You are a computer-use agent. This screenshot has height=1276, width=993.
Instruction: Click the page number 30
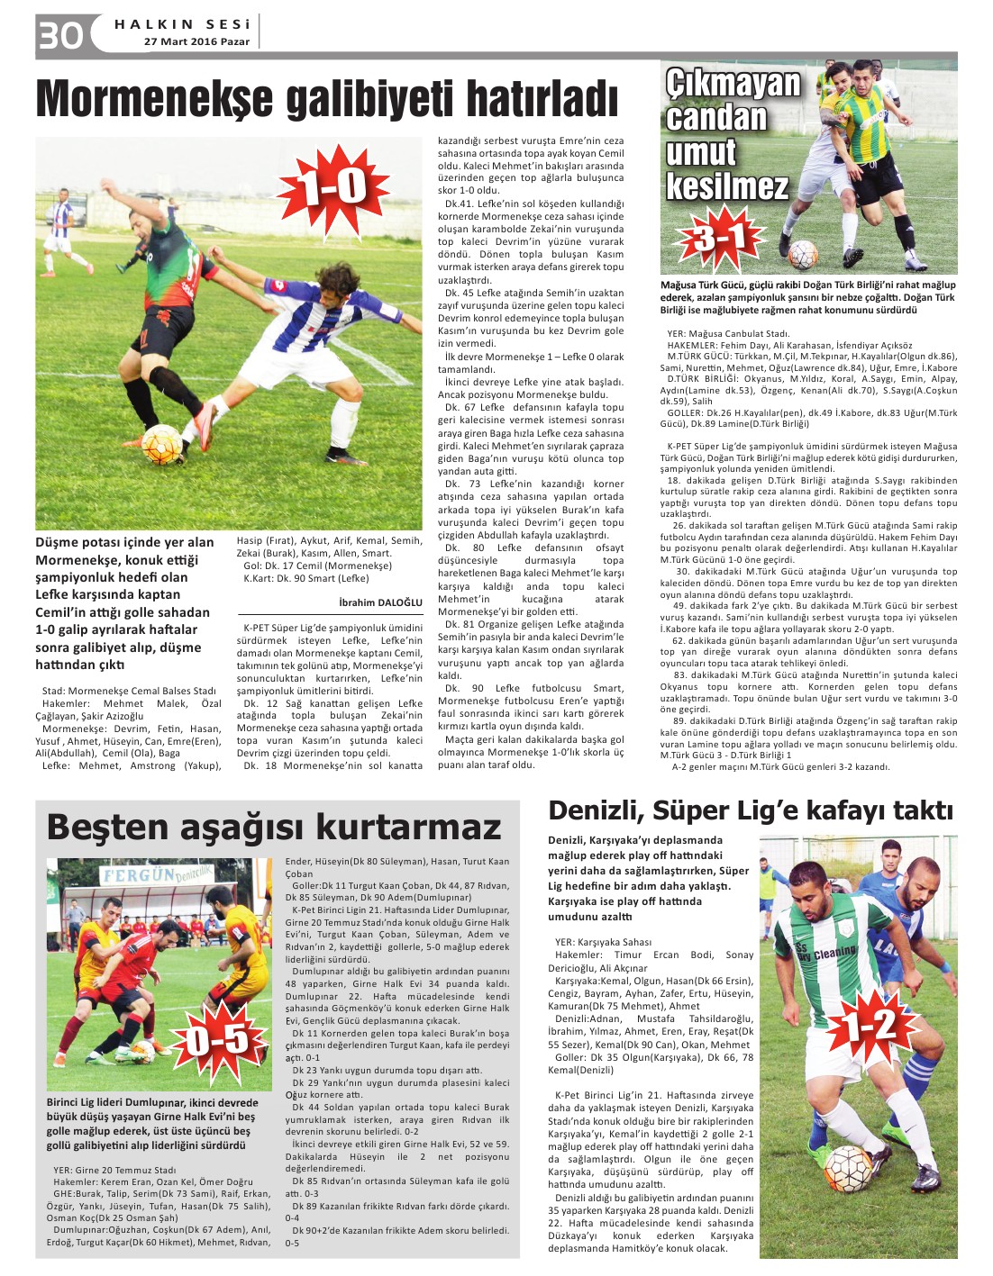[60, 35]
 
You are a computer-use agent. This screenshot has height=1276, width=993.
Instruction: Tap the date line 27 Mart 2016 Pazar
[197, 41]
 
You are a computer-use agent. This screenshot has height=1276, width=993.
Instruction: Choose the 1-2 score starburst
[870, 1026]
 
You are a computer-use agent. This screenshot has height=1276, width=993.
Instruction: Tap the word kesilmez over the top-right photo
[727, 186]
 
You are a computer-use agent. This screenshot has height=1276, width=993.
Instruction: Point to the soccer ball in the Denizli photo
[848, 1169]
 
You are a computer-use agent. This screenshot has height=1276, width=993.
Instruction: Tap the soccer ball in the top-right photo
[803, 256]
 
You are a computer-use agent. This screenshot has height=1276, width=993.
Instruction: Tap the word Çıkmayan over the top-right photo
[733, 84]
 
